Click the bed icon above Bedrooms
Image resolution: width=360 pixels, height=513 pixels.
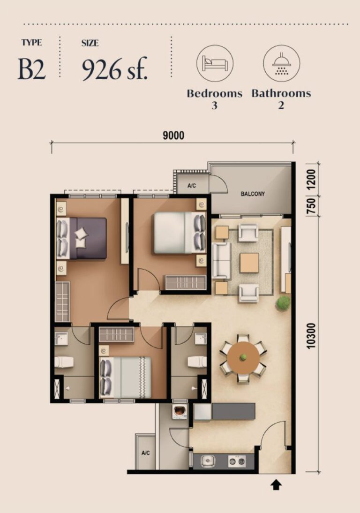215,63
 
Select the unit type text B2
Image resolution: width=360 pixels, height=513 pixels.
32,69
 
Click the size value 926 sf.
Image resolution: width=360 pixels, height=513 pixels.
115,69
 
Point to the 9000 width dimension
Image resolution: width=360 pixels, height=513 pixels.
173,136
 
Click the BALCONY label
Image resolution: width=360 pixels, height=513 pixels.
253,194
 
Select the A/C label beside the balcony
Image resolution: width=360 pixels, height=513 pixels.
192,186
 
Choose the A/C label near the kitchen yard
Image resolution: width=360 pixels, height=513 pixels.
145,453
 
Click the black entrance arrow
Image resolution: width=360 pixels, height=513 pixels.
276,485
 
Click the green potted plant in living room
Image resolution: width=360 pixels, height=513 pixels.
283,302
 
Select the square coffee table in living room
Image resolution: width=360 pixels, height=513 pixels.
249,263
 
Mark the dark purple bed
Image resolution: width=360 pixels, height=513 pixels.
88,238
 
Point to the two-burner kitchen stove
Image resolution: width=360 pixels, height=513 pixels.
237,461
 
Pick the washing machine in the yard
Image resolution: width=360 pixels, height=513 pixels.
180,412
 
